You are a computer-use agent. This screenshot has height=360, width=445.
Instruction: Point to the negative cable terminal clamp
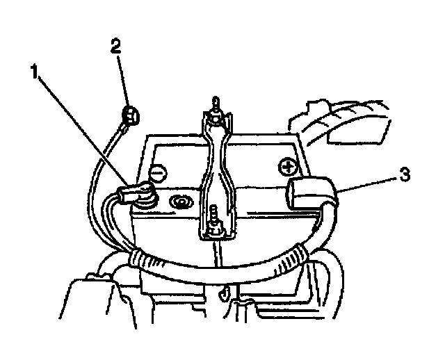click(136, 193)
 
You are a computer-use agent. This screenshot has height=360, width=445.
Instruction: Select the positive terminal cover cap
click(309, 192)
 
